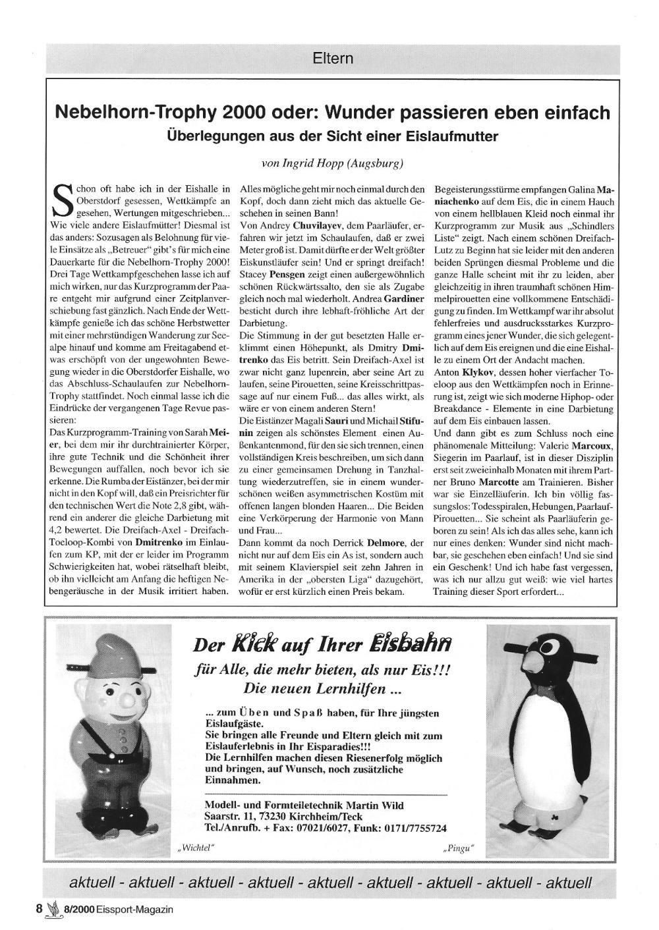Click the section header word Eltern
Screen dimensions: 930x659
[333, 58]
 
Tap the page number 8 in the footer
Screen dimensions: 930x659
[40, 909]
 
